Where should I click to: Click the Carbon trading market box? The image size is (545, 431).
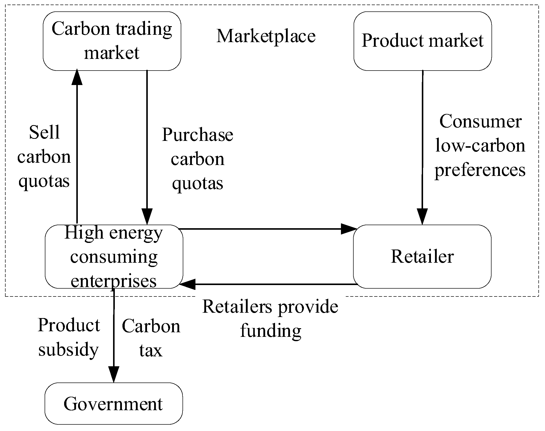(x=112, y=41)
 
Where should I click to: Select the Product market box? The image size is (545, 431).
(x=423, y=41)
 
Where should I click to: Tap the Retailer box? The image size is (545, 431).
(x=422, y=256)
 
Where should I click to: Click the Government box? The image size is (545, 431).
(x=114, y=404)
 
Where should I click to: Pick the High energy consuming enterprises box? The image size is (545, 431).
(x=114, y=256)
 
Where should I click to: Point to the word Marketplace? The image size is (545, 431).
(x=266, y=36)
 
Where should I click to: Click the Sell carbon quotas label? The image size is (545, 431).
(x=44, y=157)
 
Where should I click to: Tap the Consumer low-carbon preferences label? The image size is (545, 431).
(x=480, y=146)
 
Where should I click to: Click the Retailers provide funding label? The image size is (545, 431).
(x=270, y=318)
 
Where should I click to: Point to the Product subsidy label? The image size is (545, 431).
(x=69, y=337)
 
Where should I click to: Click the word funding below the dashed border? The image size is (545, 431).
(x=270, y=331)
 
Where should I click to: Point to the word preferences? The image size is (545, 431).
(x=480, y=170)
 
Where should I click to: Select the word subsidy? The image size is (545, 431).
(x=68, y=350)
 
